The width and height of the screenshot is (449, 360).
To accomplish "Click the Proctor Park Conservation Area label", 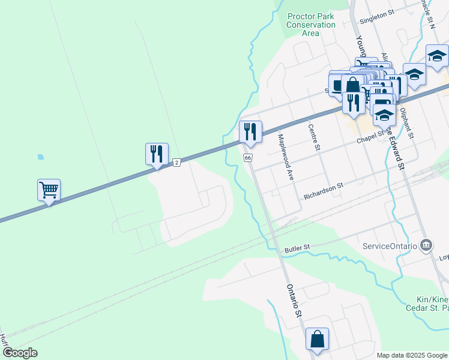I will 311,25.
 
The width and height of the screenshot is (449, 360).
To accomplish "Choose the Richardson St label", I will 323,191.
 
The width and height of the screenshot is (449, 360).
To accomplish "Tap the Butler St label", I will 297,247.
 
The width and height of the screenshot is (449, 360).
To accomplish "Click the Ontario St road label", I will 293,301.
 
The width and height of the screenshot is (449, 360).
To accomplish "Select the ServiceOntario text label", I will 390,246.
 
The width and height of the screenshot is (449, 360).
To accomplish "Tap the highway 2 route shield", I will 176,162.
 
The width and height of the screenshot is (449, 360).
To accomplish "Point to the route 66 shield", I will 247,157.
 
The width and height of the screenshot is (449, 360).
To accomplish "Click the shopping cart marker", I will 49,190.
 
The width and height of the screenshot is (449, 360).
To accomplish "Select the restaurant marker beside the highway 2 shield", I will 157,154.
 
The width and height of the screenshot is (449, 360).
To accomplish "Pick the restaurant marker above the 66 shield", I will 250,131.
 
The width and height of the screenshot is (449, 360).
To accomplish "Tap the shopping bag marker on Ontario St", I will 317,338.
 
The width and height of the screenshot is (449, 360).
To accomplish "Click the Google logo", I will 20,353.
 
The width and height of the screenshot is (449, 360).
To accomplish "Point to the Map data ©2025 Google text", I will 412,355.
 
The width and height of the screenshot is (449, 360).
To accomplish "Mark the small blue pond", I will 40,157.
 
